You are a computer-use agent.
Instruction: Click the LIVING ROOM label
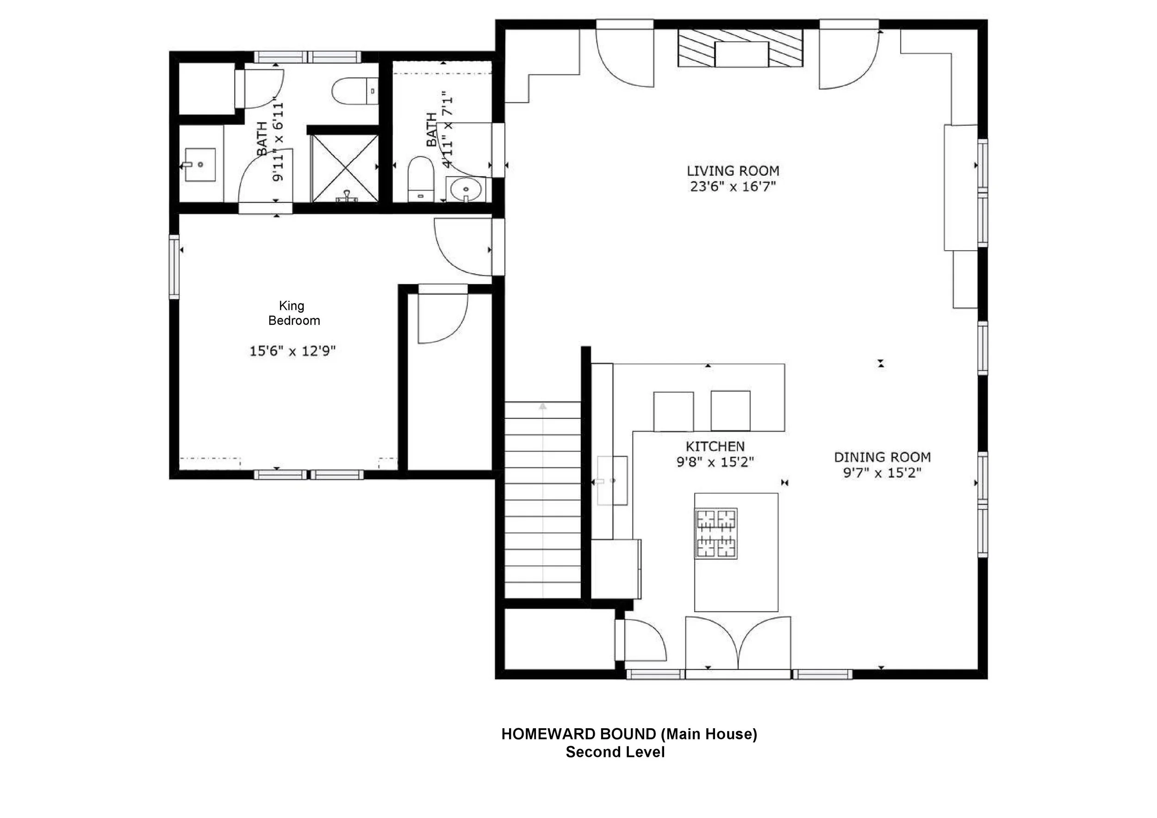point(733,171)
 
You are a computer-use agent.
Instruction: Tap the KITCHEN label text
point(715,446)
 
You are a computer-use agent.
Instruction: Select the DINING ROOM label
point(883,458)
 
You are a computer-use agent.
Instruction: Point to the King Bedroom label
point(294,313)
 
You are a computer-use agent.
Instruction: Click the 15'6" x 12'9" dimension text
point(293,351)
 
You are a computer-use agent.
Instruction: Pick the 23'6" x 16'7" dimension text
point(733,186)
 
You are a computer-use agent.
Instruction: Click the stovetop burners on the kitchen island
point(716,533)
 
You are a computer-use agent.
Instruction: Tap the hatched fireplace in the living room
point(740,48)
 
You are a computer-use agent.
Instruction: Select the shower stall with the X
point(345,168)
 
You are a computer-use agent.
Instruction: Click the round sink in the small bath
point(466,190)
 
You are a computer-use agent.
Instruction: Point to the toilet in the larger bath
point(355,91)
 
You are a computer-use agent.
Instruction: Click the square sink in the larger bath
point(200,165)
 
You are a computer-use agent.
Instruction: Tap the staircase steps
point(543,500)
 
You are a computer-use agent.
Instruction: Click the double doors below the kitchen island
point(738,643)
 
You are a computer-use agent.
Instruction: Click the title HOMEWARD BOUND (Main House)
point(629,734)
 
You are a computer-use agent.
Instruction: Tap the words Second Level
point(615,752)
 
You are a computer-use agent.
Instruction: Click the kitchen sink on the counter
point(612,481)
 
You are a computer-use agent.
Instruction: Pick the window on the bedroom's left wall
point(174,267)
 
